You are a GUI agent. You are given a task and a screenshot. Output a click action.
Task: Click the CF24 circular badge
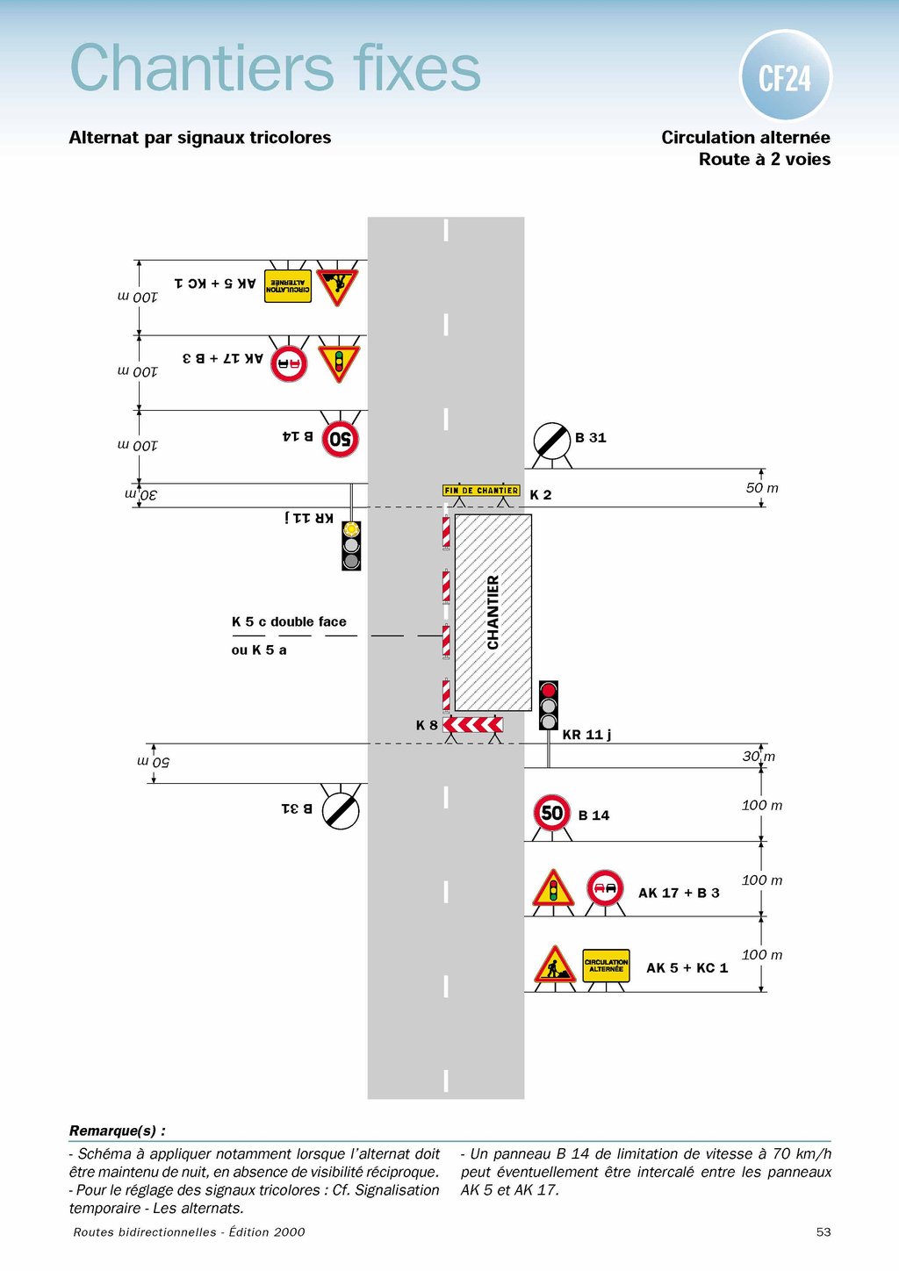[785, 76]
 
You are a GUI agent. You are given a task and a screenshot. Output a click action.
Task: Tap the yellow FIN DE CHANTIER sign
[481, 491]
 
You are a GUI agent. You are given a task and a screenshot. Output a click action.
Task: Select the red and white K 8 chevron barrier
[473, 725]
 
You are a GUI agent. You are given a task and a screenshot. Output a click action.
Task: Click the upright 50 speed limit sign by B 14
[552, 813]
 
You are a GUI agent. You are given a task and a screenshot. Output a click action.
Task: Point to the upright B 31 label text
[591, 437]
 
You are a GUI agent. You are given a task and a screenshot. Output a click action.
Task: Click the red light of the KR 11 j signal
[549, 690]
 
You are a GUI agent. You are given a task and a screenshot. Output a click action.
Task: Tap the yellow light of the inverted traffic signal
[351, 529]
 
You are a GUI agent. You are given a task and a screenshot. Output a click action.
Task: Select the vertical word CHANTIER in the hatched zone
[493, 613]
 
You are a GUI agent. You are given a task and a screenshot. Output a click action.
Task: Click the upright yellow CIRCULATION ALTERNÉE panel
[606, 966]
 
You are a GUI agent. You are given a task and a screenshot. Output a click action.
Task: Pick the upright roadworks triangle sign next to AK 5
[555, 966]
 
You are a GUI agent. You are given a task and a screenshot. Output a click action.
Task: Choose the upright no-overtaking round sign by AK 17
[605, 888]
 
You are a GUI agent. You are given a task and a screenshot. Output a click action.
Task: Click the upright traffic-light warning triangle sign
[553, 890]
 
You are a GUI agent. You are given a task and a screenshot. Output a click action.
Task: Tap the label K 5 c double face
[289, 621]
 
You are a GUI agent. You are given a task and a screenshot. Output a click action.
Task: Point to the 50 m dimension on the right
[762, 488]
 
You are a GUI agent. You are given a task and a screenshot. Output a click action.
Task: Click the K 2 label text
[541, 495]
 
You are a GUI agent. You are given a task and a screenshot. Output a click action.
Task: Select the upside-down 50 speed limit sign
[341, 438]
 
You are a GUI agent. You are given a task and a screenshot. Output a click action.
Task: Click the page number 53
[823, 1232]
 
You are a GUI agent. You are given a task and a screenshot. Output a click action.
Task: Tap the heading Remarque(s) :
[118, 1131]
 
